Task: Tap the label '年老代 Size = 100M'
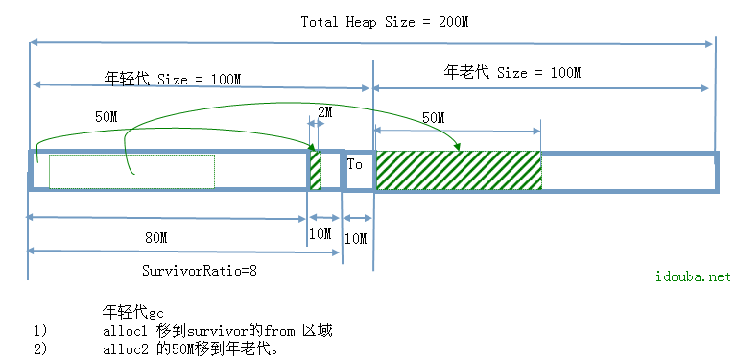point(512,72)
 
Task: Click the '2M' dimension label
point(323,112)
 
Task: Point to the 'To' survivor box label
point(355,164)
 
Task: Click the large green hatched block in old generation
point(458,170)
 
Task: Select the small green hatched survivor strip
point(314,170)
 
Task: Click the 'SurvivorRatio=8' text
point(200,271)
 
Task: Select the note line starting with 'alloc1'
point(217,330)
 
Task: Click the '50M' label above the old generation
point(433,117)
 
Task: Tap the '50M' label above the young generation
point(107,116)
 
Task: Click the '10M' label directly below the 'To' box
point(355,236)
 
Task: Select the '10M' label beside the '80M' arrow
point(320,233)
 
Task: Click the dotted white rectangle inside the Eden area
point(131,171)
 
